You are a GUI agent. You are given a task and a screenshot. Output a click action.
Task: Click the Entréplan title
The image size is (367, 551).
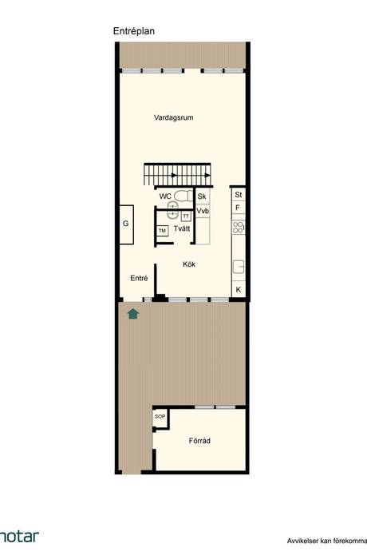click(x=134, y=31)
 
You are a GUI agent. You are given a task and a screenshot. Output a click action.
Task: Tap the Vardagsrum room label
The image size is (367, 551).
click(x=173, y=117)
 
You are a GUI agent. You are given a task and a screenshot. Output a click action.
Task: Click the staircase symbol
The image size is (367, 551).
click(x=177, y=175)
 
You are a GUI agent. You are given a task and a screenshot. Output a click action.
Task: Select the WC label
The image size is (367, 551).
click(x=165, y=196)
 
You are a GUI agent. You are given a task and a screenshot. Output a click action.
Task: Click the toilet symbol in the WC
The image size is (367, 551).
click(x=183, y=196)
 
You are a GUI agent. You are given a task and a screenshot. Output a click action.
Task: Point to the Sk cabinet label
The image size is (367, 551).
click(x=202, y=196)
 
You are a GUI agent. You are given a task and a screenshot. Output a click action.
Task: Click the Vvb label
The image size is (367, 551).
click(x=203, y=211)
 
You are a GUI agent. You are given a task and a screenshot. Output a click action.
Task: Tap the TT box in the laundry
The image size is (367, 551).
click(x=186, y=216)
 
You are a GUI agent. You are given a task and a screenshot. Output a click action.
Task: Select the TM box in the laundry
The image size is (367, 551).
click(x=162, y=231)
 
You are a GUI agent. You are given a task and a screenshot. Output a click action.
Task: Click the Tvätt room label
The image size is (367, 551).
click(x=182, y=228)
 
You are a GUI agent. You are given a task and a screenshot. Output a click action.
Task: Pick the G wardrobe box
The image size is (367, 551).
click(x=126, y=224)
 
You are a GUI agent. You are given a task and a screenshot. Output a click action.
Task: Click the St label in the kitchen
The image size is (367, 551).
click(x=239, y=194)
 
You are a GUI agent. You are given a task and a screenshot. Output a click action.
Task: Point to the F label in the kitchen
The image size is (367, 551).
click(x=238, y=208)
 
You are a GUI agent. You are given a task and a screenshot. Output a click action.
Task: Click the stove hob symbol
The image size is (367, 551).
click(x=238, y=227)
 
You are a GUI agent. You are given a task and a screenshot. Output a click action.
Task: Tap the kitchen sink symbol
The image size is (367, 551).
click(x=239, y=266)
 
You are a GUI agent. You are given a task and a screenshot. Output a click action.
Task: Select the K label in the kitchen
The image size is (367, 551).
click(x=239, y=290)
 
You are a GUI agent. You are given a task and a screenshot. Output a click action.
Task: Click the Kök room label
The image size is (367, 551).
click(x=189, y=264)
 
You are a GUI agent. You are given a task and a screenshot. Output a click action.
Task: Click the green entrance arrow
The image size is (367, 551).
click(x=133, y=314)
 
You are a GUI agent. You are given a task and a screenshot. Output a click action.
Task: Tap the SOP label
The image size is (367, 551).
click(x=160, y=416)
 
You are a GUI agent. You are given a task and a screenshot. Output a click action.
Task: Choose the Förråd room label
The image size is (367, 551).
click(x=199, y=441)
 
